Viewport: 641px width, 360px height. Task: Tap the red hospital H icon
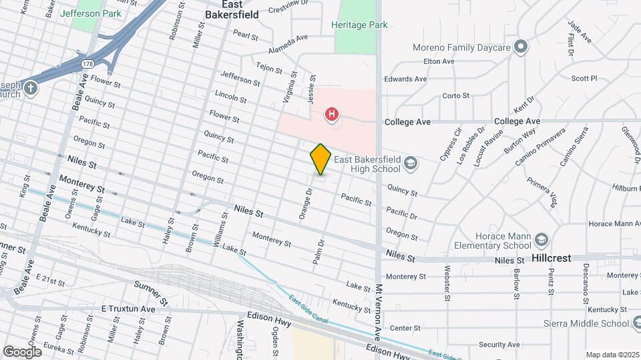(331, 115)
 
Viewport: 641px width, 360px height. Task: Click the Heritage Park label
(359, 25)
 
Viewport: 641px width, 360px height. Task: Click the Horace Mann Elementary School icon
(542, 239)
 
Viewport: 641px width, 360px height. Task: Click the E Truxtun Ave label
(128, 309)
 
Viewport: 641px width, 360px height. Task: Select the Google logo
(22, 351)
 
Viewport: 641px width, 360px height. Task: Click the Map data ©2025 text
(611, 355)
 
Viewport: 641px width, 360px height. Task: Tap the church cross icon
(29, 87)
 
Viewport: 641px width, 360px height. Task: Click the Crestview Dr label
(290, 10)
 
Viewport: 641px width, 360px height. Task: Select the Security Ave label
(499, 345)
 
